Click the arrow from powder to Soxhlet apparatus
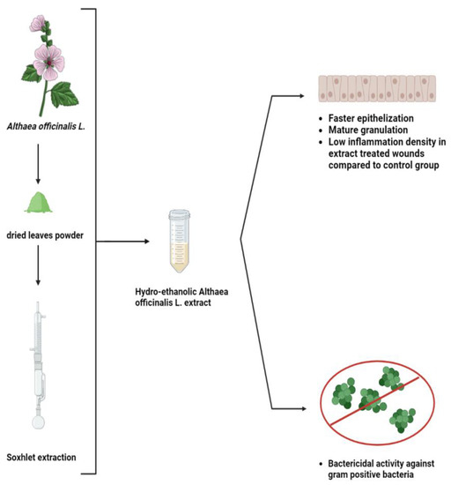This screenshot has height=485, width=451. coord(38,268)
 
